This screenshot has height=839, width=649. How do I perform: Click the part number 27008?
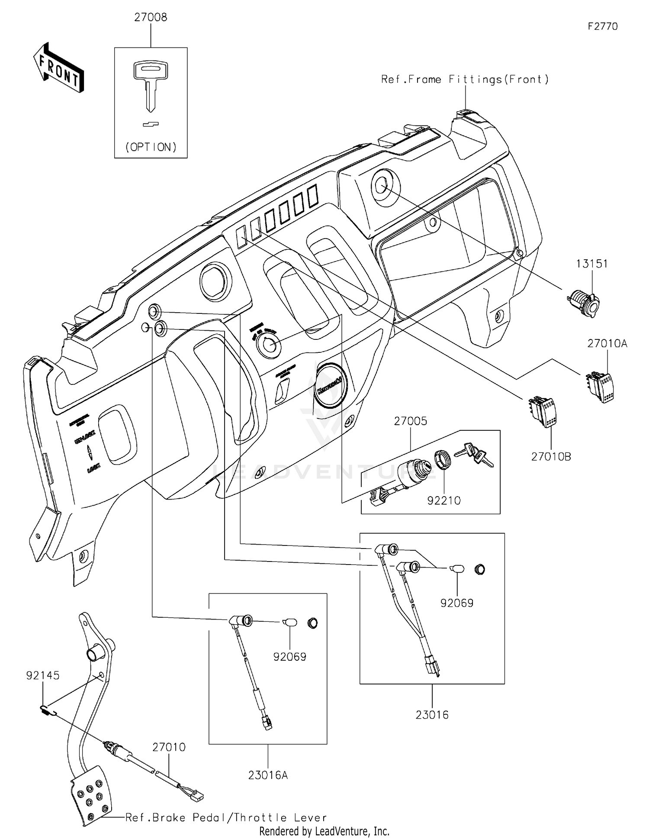[x=151, y=18]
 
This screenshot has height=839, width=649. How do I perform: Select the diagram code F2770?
[x=602, y=26]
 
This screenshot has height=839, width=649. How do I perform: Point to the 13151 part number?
[x=591, y=264]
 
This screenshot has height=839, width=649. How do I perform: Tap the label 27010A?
[x=607, y=343]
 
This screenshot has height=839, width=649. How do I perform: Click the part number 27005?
[x=410, y=421]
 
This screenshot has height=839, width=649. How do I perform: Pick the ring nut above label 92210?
[x=442, y=459]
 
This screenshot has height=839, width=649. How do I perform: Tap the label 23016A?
[x=268, y=775]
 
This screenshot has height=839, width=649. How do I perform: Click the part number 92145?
[x=43, y=675]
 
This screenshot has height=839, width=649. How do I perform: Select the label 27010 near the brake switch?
[x=169, y=747]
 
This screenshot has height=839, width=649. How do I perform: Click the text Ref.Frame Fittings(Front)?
[x=465, y=79]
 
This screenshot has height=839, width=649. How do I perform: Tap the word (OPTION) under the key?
[x=151, y=147]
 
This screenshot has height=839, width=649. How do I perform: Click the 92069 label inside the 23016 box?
[x=457, y=603]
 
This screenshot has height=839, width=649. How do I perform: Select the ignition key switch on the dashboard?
[x=268, y=345]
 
